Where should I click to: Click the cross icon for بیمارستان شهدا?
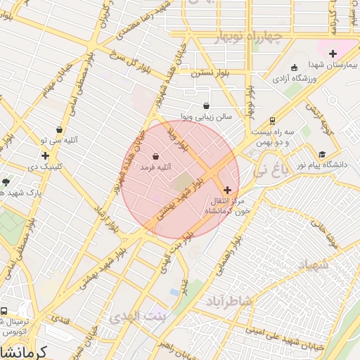click(333, 53)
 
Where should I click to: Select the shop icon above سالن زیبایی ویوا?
click(205, 105)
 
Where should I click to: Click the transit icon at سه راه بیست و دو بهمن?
click(272, 120)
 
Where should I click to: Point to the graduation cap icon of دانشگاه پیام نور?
click(322, 154)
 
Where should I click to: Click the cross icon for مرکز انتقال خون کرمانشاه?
click(227, 190)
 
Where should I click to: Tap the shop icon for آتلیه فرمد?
click(155, 156)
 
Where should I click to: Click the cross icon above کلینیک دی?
click(46, 155)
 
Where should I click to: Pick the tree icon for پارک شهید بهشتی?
click(6, 181)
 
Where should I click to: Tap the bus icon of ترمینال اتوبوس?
click(4, 311)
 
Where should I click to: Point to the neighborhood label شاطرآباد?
click(233, 301)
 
